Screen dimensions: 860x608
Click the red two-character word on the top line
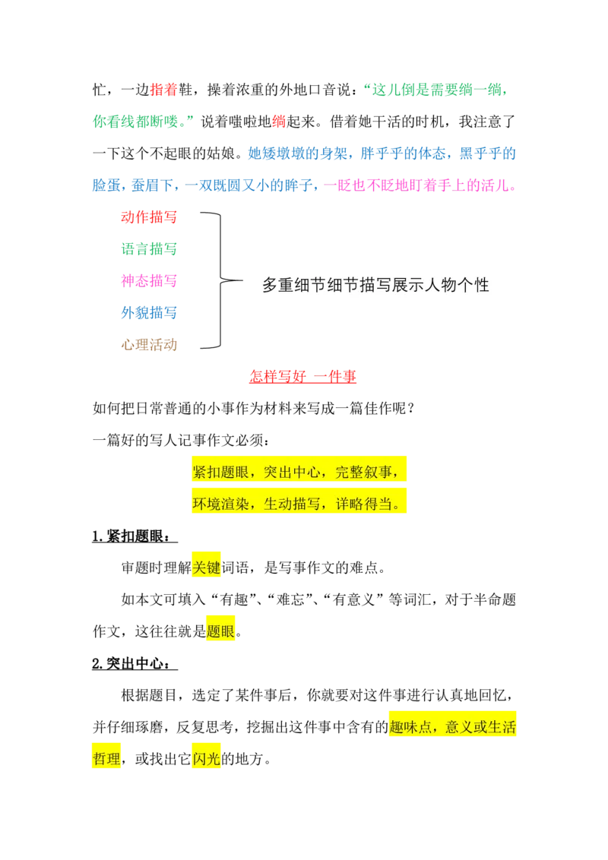(163, 90)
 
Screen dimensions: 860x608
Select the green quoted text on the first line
(435, 90)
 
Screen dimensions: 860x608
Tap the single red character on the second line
(278, 121)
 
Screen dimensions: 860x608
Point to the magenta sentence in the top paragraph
(420, 185)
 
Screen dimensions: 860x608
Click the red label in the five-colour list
(148, 217)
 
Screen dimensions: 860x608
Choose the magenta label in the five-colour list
(148, 281)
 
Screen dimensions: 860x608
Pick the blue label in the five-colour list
(148, 312)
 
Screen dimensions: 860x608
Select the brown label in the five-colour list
(148, 345)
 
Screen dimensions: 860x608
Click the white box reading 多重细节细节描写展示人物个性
(382, 286)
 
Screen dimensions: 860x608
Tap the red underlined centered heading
(302, 377)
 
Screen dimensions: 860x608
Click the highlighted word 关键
(206, 567)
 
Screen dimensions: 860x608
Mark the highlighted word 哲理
(106, 759)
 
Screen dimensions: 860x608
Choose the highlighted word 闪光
(206, 759)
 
